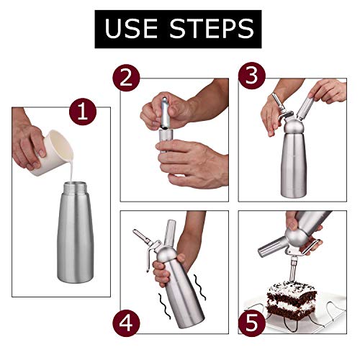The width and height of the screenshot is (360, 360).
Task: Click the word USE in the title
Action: coord(136,28)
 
